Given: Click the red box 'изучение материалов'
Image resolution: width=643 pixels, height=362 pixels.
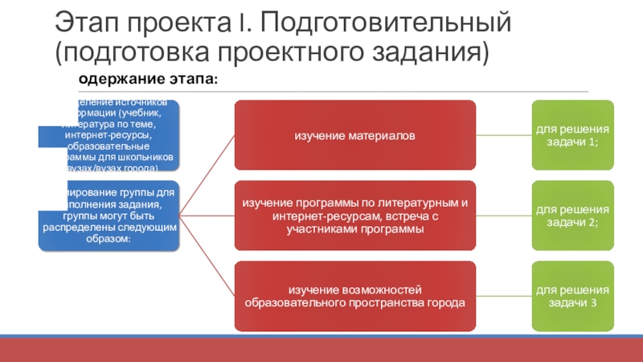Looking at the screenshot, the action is [354, 135].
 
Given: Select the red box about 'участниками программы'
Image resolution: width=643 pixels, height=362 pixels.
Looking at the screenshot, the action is [354, 216].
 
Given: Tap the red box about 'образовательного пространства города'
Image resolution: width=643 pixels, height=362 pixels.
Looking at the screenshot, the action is [354, 296].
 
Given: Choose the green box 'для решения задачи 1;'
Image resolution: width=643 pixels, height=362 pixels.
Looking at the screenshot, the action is [573, 135].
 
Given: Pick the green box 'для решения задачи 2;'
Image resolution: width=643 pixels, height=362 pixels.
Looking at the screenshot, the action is [573, 216].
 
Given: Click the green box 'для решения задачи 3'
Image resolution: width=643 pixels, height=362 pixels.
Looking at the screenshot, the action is [573, 296].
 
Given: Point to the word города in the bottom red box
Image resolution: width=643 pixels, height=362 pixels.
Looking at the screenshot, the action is [446, 303].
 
